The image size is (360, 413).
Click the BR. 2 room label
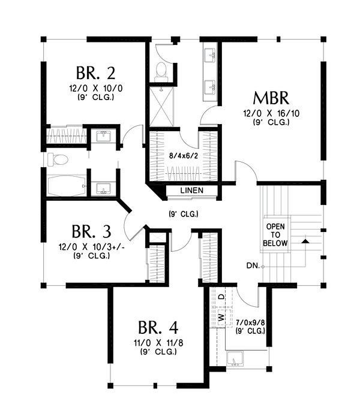[96, 73]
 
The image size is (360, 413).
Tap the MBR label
[271, 98]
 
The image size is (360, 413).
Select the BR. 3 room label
[91, 231]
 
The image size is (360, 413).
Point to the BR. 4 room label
[158, 327]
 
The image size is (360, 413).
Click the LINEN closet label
[192, 191]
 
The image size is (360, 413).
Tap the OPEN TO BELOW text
[275, 235]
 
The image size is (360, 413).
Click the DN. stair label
[253, 266]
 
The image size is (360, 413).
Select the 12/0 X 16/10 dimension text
[271, 113]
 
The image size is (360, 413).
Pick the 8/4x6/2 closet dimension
[183, 156]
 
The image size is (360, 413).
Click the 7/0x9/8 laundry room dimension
[250, 322]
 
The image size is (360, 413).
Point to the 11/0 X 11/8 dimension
[158, 343]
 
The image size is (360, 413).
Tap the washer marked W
[221, 317]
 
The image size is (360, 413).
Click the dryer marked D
[222, 297]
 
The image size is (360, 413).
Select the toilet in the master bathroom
[161, 72]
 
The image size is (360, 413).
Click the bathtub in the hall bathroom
[66, 186]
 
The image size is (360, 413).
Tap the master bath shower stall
[161, 107]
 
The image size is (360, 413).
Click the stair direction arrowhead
[305, 241]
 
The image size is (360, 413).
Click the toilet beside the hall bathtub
[58, 159]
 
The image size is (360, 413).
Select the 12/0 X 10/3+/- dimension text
[89, 247]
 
